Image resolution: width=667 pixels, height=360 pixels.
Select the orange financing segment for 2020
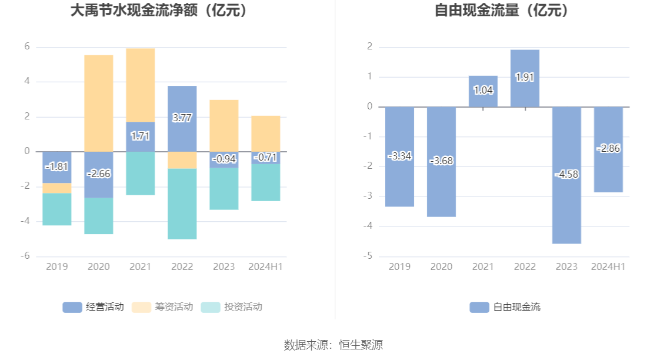tap(99, 103)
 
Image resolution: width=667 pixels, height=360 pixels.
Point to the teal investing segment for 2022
tap(182, 204)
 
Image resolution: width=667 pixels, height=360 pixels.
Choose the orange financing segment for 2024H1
tap(266, 134)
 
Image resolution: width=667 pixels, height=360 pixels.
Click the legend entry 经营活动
tap(94, 306)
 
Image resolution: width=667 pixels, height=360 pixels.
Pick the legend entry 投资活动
tap(232, 306)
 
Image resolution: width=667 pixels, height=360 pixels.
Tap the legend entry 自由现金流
tap(506, 306)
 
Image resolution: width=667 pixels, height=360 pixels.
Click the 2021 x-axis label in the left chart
tap(141, 266)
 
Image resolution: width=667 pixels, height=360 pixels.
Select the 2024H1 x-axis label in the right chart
tap(608, 266)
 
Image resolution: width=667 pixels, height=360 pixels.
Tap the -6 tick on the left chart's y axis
tap(26, 256)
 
